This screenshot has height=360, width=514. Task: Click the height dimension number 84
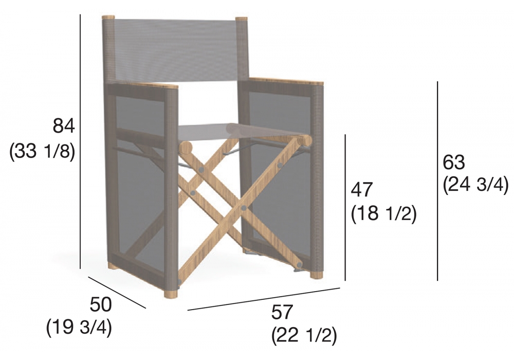(64, 126)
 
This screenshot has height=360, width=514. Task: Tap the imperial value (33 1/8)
(43, 151)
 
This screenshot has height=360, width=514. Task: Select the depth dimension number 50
(101, 304)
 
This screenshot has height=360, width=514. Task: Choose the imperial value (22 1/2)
(304, 335)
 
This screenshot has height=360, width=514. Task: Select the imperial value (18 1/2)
(383, 214)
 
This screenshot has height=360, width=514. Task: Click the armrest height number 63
(454, 162)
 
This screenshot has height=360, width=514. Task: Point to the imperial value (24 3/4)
(475, 186)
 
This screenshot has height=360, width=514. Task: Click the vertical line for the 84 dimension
(80, 141)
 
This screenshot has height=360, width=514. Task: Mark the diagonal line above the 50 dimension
(117, 293)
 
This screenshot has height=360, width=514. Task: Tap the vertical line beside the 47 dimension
(345, 208)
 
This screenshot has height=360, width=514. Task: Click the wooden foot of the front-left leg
(172, 293)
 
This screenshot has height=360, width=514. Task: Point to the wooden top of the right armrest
(286, 81)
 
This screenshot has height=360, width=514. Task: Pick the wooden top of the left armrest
(158, 85)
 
